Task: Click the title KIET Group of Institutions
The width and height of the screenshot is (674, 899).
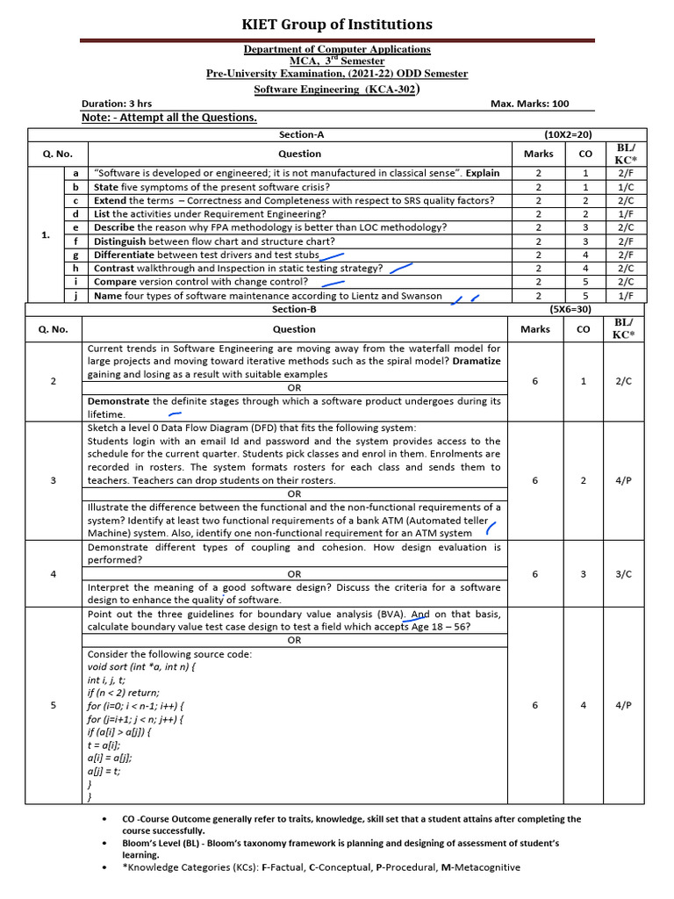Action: click(x=337, y=24)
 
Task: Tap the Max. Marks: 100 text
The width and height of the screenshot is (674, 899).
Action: click(x=529, y=104)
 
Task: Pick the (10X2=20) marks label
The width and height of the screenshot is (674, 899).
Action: click(x=568, y=134)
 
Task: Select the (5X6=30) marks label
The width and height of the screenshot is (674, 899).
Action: click(x=570, y=309)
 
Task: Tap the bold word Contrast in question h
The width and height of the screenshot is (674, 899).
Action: click(x=115, y=269)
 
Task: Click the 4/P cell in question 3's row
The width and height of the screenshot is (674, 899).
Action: click(x=623, y=480)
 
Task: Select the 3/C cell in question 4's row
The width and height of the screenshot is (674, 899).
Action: click(x=623, y=573)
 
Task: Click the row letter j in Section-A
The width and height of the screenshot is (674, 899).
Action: click(x=75, y=296)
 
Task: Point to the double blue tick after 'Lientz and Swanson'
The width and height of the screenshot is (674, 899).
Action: click(x=465, y=298)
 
